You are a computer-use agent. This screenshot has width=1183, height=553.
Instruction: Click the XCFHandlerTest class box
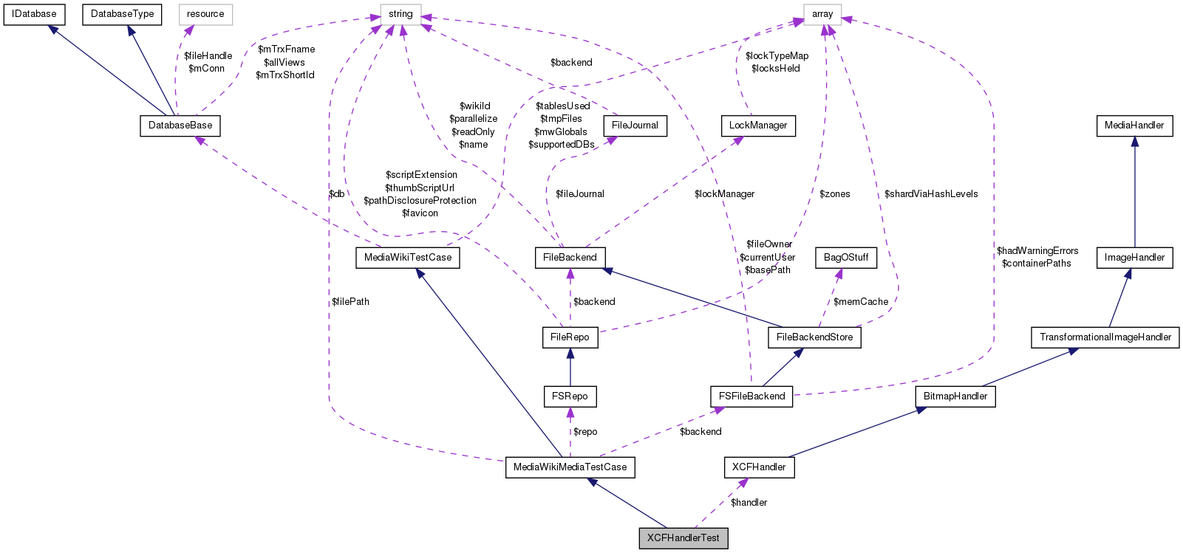tap(683, 538)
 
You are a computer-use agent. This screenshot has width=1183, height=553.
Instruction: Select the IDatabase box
tap(34, 14)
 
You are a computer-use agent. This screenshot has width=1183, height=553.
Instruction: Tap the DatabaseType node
tap(122, 14)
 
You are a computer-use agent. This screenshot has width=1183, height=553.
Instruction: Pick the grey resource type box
tap(205, 14)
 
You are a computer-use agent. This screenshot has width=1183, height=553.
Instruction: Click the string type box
tap(400, 14)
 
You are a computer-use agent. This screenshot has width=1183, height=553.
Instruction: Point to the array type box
tap(822, 14)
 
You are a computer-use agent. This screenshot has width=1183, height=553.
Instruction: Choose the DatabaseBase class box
tap(180, 126)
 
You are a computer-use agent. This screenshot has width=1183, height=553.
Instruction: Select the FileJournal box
tap(635, 126)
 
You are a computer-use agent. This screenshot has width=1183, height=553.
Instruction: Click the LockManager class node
tap(758, 126)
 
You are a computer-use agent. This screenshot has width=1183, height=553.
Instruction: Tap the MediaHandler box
tap(1134, 126)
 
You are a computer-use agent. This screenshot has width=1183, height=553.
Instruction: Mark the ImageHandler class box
tap(1134, 258)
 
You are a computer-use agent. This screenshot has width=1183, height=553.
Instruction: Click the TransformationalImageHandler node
tap(1105, 337)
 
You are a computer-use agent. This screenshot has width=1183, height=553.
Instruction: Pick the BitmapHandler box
tap(955, 396)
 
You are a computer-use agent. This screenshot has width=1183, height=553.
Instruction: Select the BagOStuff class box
tap(846, 258)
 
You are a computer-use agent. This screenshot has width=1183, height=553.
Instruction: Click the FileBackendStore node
tap(814, 337)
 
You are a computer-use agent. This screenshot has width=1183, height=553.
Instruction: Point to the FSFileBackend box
tap(752, 396)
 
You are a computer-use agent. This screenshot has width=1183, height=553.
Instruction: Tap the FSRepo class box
tap(570, 396)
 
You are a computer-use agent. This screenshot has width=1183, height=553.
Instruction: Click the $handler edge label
tap(749, 503)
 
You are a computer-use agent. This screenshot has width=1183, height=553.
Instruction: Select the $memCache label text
tap(861, 302)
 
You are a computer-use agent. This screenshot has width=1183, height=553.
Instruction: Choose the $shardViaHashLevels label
tap(931, 194)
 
